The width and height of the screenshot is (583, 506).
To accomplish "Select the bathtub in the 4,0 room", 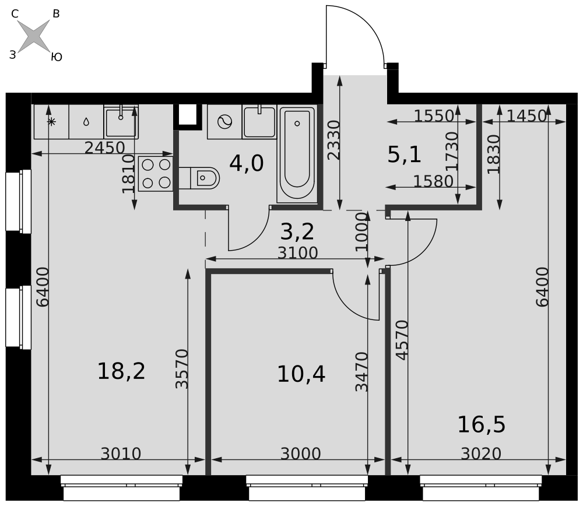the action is (x=297, y=154).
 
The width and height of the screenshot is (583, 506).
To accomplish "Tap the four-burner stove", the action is (x=156, y=174).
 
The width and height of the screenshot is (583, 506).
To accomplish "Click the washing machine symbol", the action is (x=224, y=122).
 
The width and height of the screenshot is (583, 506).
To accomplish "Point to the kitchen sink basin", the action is (x=121, y=122).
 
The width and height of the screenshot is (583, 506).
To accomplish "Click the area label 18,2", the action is (x=121, y=371).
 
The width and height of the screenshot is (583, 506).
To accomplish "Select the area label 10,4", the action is (x=301, y=374).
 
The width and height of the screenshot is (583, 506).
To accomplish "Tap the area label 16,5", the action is (x=481, y=424).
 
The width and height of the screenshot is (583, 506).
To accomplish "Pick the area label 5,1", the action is (x=404, y=154).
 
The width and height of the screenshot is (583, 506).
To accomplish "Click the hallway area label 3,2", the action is (x=297, y=231).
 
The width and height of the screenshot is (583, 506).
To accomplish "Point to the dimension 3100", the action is (x=298, y=253).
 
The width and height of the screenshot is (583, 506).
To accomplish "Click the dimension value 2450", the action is (x=105, y=148).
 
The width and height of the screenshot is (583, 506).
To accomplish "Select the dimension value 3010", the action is (x=121, y=454).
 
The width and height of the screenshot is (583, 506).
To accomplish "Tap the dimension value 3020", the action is (x=481, y=454).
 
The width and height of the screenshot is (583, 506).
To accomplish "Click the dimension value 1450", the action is (x=526, y=117).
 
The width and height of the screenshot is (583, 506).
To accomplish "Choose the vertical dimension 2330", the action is (x=334, y=140).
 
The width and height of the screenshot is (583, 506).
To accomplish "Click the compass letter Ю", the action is (x=57, y=57).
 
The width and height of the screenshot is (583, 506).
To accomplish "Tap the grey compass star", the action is (x=34, y=36).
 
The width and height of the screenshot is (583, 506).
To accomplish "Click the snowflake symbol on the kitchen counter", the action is (x=51, y=122).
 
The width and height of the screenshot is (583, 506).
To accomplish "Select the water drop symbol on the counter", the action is (x=86, y=122).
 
